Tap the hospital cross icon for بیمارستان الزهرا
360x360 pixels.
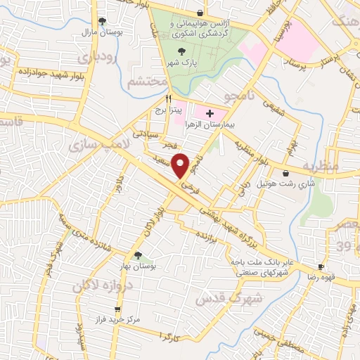click(x=210, y=112)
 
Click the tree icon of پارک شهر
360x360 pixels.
click(x=183, y=51)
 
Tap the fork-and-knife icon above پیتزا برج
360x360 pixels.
click(x=168, y=99)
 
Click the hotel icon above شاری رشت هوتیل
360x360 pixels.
click(x=285, y=174)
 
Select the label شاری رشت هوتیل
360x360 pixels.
click(x=285, y=184)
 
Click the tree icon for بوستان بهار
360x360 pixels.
click(x=138, y=256)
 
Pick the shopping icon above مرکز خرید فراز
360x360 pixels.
click(x=117, y=309)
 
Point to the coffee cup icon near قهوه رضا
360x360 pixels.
click(x=321, y=266)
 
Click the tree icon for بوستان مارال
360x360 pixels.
click(x=103, y=21)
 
